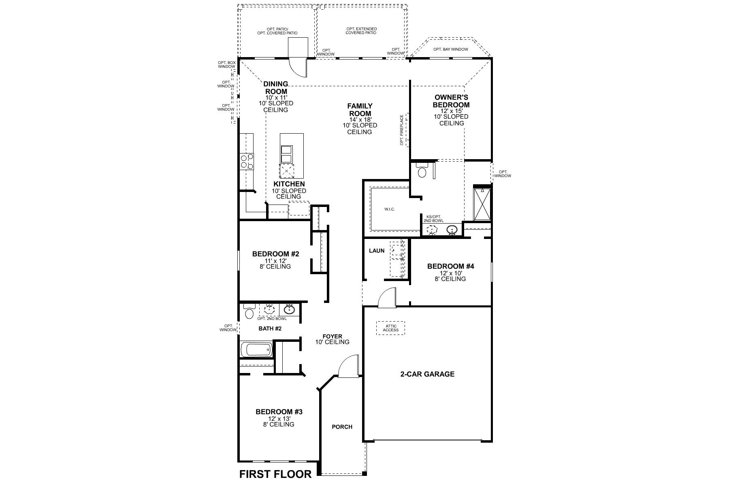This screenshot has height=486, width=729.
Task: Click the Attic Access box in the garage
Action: click(x=390, y=328)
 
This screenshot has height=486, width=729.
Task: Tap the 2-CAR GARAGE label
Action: click(x=427, y=374)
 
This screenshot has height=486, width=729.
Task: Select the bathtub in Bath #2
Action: click(x=256, y=350)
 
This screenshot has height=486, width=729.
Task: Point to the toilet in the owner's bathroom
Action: click(x=422, y=171)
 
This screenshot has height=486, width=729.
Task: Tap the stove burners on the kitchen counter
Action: click(x=247, y=161)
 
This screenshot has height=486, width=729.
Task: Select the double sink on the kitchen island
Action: click(x=286, y=154)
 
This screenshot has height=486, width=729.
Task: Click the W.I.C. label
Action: click(x=389, y=209)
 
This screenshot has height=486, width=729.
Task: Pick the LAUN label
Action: click(x=377, y=251)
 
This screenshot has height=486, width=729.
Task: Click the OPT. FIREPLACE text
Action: click(x=402, y=130)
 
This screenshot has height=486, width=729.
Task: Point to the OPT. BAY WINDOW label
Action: click(x=450, y=49)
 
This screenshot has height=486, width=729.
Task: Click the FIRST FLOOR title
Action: click(x=275, y=474)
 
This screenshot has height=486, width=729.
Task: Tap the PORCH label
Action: click(x=342, y=427)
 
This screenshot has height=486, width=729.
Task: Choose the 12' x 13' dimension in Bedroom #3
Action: click(x=279, y=418)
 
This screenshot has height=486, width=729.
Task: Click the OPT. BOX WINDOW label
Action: click(x=226, y=64)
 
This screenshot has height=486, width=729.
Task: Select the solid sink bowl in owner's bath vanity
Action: click(x=452, y=230)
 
